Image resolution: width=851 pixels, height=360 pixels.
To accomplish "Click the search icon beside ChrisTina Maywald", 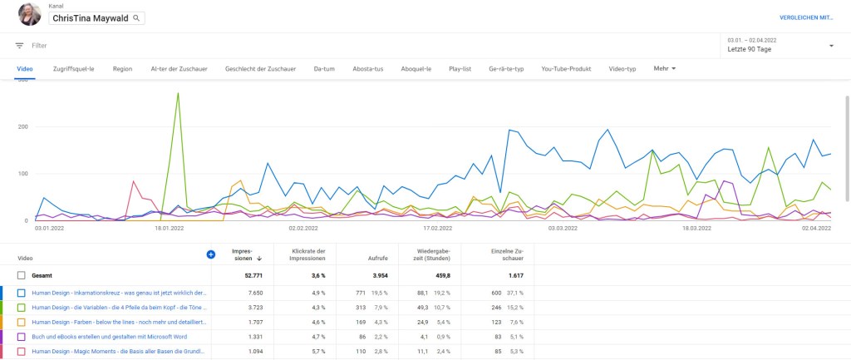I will (136, 17).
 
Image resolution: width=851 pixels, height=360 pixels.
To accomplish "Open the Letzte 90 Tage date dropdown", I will (831, 46).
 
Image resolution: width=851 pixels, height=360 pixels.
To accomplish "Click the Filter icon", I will (19, 46).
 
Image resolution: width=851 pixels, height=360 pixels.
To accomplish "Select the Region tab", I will (122, 68).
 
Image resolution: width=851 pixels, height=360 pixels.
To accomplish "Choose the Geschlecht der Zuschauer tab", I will (258, 68).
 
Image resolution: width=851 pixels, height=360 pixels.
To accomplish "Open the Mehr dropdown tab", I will (665, 68).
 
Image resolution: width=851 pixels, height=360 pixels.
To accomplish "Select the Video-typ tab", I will (622, 68).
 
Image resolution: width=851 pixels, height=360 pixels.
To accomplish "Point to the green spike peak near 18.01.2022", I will (178, 93).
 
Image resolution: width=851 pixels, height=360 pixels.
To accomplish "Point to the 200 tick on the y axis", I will (23, 127).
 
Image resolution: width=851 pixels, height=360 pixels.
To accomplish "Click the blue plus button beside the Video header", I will (210, 254).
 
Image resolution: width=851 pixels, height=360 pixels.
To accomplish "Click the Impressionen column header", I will (242, 254).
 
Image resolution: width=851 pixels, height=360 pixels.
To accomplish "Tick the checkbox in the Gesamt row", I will (22, 275).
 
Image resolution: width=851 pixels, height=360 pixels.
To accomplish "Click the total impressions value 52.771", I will (251, 275).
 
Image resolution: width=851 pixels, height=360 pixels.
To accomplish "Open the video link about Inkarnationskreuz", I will (119, 293).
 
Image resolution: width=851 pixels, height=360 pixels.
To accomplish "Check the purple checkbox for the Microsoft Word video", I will (22, 337).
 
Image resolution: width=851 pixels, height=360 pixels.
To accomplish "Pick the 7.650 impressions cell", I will (253, 293).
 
